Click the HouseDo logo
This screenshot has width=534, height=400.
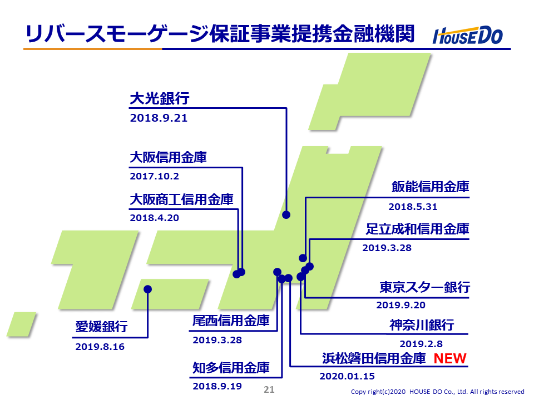click(x=468, y=36)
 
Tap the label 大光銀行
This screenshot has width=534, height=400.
click(x=160, y=98)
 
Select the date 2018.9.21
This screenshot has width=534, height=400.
click(x=159, y=118)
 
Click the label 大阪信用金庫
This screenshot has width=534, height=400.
click(x=168, y=157)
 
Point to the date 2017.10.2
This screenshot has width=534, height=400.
click(x=154, y=176)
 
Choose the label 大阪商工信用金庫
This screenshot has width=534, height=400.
click(x=181, y=199)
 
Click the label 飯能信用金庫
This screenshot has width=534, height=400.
click(x=431, y=187)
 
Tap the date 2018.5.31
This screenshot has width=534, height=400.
click(x=413, y=207)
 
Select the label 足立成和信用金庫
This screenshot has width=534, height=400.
click(x=418, y=229)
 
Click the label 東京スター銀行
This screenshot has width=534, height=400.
click(x=424, y=287)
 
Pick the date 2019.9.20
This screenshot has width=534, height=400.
click(x=401, y=305)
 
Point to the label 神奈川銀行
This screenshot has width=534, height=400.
click(x=422, y=325)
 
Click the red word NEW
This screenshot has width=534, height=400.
click(x=450, y=358)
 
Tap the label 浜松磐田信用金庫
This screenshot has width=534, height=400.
click(x=374, y=358)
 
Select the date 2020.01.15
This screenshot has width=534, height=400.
click(x=347, y=376)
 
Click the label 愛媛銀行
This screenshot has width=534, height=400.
click(x=101, y=327)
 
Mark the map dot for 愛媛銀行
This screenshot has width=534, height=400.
click(x=147, y=289)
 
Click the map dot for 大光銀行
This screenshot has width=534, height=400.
click(x=286, y=214)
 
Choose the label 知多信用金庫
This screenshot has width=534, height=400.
click(x=231, y=368)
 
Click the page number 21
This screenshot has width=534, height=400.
click(x=269, y=389)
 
